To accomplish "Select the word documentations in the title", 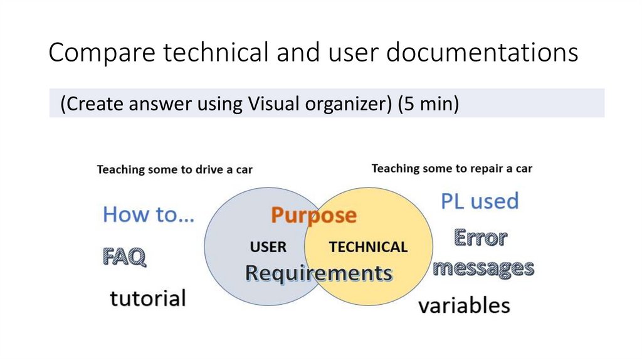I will (481, 53).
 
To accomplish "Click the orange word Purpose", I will (313, 216).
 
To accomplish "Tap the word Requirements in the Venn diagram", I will (318, 273).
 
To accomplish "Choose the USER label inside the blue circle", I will (268, 246).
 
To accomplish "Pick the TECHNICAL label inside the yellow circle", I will (368, 246).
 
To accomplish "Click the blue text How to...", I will (149, 214).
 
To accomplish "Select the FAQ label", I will (124, 257).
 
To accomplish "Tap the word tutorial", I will (148, 298).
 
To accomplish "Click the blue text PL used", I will (480, 201).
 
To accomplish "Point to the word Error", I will (480, 238).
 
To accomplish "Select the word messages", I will (483, 268).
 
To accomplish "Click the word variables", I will (464, 306).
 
